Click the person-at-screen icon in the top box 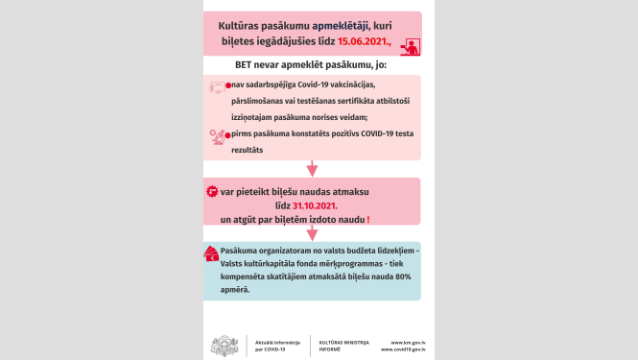pyautogui.click(x=411, y=46)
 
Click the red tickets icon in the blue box pyautogui.click(x=211, y=254)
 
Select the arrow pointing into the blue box pyautogui.click(x=312, y=233)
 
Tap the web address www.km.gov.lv pyautogui.click(x=410, y=341)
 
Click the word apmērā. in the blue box pyautogui.click(x=236, y=289)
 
